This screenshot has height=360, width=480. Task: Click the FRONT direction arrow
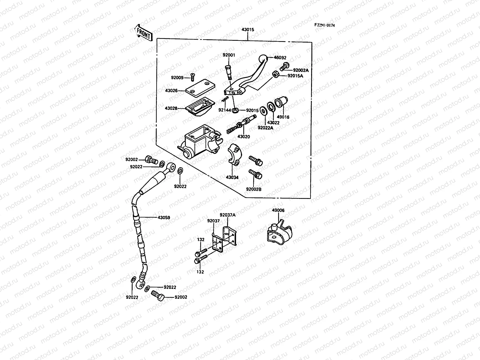point(144,33)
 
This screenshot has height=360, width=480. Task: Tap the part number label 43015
point(247,30)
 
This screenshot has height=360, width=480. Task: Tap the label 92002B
point(253,189)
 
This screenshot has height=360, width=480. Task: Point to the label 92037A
point(227,215)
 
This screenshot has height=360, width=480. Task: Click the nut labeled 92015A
point(275,75)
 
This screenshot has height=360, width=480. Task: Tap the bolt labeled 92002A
point(284,66)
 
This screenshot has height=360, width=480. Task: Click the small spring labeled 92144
point(226,99)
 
